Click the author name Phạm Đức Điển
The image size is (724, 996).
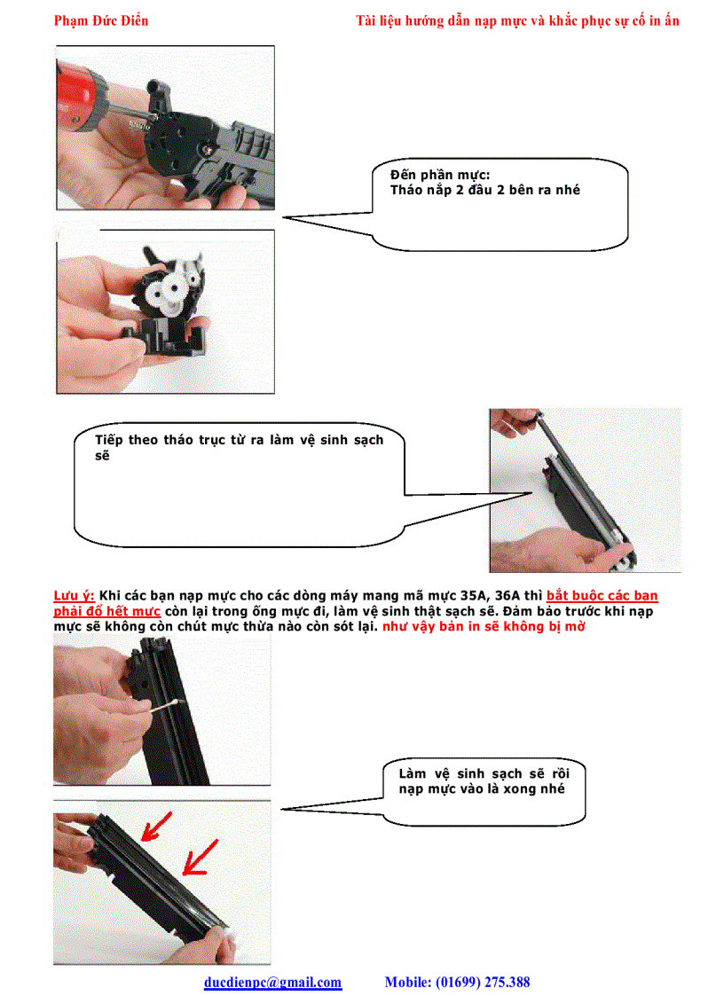[x=101, y=20]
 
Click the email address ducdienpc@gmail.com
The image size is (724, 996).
[x=272, y=982]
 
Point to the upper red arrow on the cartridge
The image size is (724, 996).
[x=156, y=828]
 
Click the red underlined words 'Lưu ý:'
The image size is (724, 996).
[x=75, y=596]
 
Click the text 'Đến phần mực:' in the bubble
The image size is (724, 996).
[x=440, y=176]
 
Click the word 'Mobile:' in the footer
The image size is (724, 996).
[x=406, y=982]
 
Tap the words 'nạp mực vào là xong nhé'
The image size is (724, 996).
[x=481, y=788]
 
